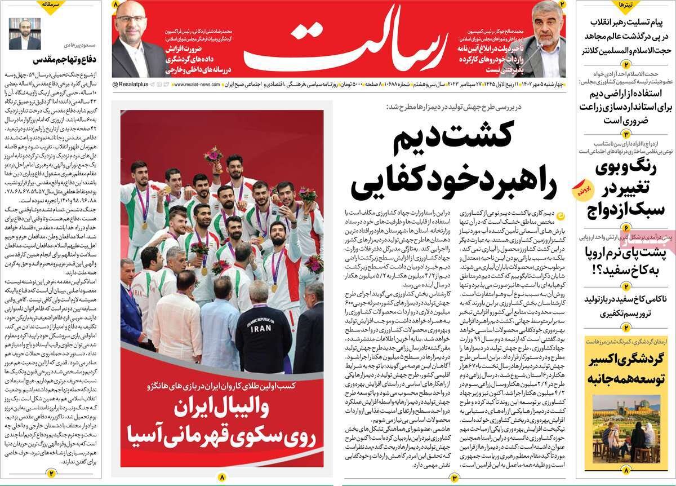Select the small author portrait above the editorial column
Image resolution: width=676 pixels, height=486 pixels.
(25, 34)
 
